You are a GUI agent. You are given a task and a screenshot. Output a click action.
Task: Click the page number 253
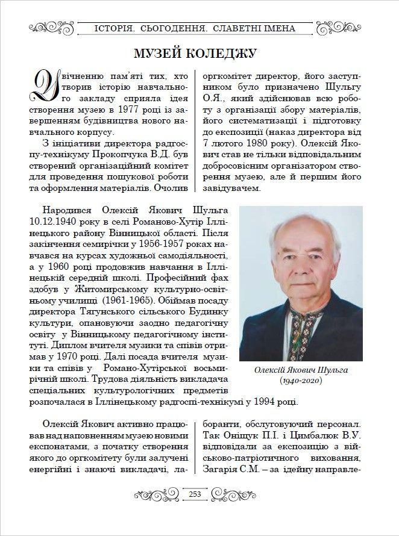pyautogui.click(x=195, y=494)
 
